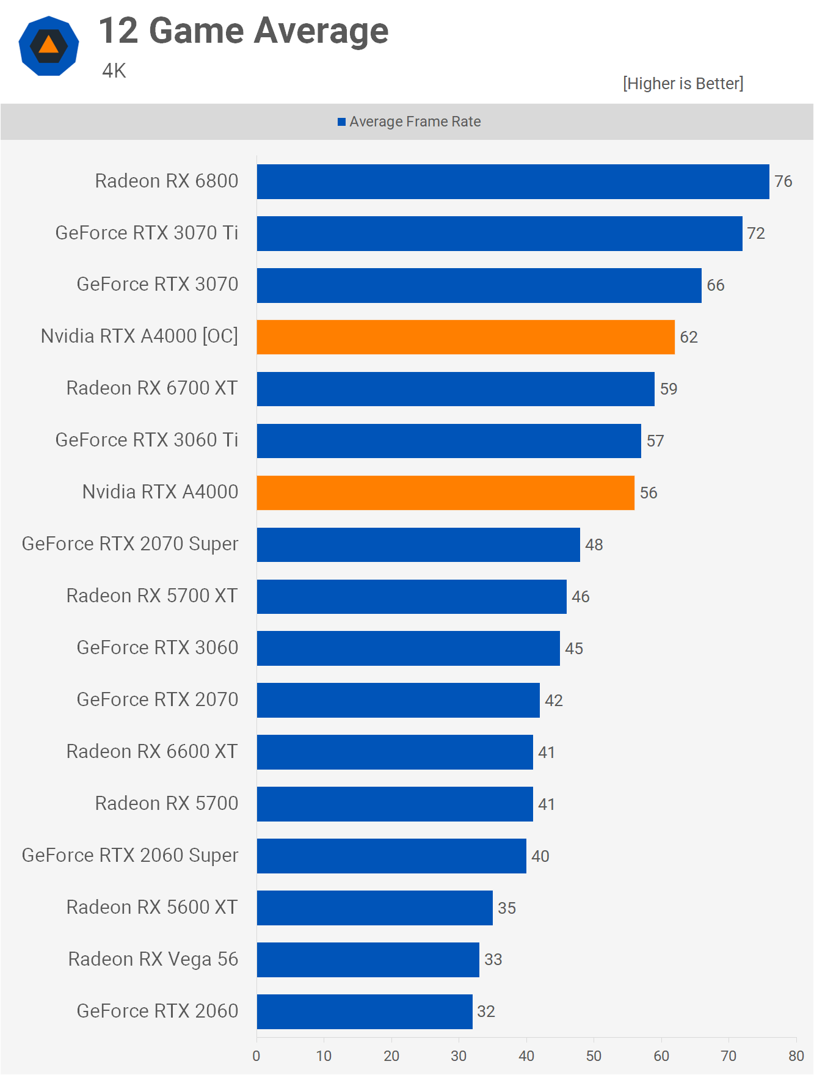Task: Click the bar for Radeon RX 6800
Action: tap(513, 181)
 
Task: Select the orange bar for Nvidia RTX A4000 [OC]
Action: tap(465, 337)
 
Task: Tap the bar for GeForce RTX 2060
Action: tap(365, 1011)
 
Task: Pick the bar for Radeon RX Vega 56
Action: tap(368, 960)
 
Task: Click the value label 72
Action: tap(756, 233)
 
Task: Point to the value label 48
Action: tap(594, 545)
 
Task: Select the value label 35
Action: tap(507, 908)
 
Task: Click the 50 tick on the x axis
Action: tap(594, 1056)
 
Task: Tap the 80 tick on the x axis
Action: tap(796, 1056)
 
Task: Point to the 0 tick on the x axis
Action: tap(256, 1056)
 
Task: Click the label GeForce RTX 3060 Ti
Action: tap(147, 440)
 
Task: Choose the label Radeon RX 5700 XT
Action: tap(152, 596)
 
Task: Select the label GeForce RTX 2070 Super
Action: tap(130, 544)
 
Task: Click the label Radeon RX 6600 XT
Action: tap(152, 752)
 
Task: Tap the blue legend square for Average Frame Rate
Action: tap(342, 122)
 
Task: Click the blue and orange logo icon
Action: tap(49, 46)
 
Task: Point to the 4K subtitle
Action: tap(114, 71)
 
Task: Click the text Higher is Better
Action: tap(683, 84)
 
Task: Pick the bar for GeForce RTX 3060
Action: tap(408, 649)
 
